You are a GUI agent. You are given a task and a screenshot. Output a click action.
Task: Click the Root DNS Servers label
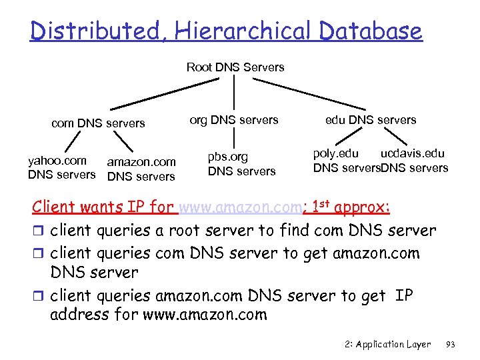(235, 67)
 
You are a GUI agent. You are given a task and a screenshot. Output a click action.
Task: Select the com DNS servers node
(98, 123)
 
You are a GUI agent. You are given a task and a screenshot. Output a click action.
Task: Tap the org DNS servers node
(234, 120)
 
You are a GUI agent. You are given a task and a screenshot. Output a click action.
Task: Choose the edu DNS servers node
(371, 120)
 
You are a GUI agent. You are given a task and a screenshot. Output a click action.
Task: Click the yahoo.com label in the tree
(57, 161)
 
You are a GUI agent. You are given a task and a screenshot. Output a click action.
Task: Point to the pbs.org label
(227, 157)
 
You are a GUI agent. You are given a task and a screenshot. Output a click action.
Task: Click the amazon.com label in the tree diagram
(141, 162)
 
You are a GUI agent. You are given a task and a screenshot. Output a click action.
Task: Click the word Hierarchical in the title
(237, 31)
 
